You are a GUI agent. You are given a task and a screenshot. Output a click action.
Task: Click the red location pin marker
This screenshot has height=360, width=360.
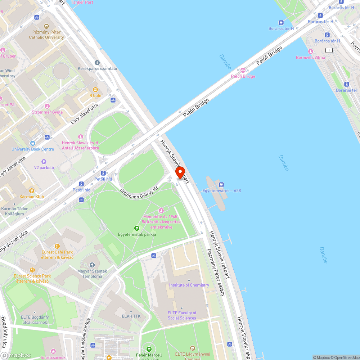click(x=180, y=173)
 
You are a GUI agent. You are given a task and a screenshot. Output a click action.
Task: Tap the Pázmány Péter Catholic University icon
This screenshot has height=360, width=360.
click(x=46, y=26)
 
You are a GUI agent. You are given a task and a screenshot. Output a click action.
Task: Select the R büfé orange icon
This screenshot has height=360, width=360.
click(x=95, y=90)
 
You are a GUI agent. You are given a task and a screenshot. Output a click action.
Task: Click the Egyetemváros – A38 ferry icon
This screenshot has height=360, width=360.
click(x=221, y=185)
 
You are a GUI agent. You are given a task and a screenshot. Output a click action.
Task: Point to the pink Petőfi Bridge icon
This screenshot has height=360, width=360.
click(x=243, y=70)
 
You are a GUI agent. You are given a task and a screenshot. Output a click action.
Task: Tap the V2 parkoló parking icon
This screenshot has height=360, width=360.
click(x=44, y=162)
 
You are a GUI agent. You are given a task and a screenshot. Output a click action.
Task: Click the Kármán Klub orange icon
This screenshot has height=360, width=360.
click(x=32, y=191)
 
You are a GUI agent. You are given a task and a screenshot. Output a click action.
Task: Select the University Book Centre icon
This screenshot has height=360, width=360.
click(x=33, y=143)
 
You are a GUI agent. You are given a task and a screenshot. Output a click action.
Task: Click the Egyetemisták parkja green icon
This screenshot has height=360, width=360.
click(x=137, y=228)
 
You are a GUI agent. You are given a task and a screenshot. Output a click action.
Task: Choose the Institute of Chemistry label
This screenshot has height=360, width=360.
click(x=189, y=285)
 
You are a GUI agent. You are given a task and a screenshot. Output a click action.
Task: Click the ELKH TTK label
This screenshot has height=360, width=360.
click(x=131, y=316)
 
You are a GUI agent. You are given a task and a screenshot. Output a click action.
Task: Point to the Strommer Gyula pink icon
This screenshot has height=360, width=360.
click(x=47, y=106)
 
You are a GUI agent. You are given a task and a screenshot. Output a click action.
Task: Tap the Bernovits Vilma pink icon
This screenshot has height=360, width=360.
click(x=310, y=51)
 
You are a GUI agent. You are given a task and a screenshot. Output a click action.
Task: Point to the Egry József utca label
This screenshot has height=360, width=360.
click(x=84, y=114)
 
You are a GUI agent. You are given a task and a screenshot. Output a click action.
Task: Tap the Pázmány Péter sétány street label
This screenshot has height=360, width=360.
click(x=215, y=272)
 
